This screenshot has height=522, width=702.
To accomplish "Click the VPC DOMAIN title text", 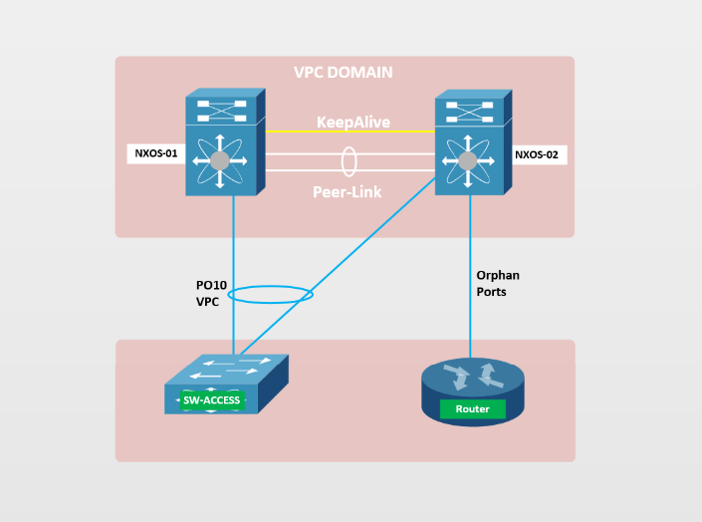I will tap(343, 73).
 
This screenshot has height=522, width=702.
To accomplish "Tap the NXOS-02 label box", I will tap(539, 154).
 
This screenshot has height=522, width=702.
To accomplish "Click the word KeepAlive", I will tap(352, 123).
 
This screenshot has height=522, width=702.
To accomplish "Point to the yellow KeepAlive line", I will tap(299, 131).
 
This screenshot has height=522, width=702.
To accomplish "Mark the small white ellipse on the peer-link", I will tap(349, 160).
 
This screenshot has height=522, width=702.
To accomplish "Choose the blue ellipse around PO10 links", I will tap(271, 294).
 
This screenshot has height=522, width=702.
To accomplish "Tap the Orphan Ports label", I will tap(498, 283).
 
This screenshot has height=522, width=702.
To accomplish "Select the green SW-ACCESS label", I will tap(212, 400).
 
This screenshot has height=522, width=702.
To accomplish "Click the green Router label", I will tap(472, 409).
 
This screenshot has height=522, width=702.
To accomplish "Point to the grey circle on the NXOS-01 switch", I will tap(220, 160).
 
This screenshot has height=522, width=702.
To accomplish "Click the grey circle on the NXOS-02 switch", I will tap(466, 160).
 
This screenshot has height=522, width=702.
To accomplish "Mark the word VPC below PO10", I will tap(207, 300).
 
